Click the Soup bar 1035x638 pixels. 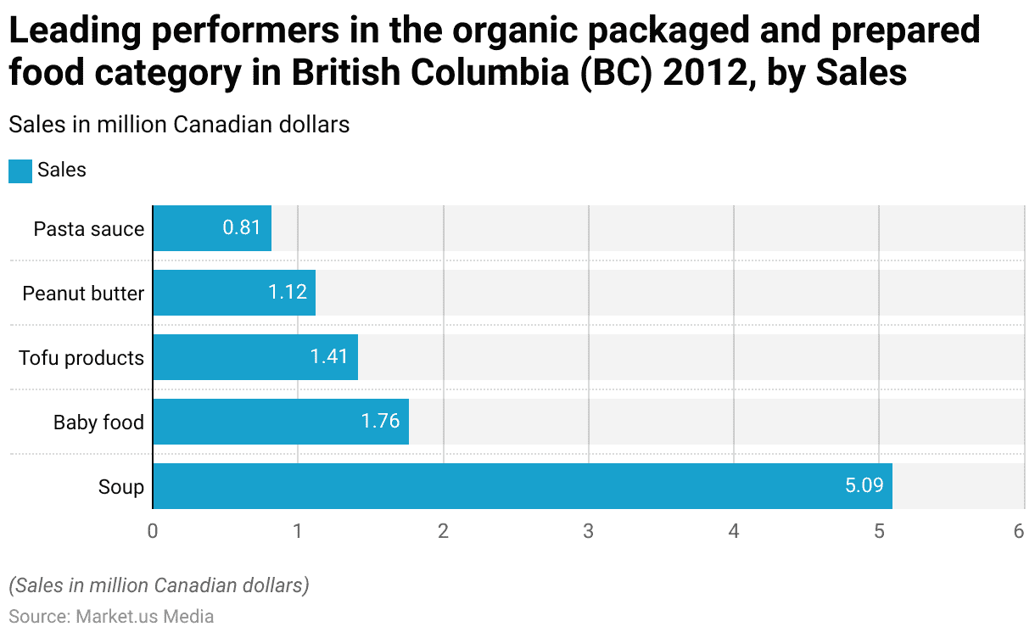tap(522, 486)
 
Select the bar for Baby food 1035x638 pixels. tap(281, 422)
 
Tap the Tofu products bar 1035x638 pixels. tap(255, 357)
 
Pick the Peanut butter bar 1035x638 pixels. tap(234, 293)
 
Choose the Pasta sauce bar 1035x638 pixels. tap(212, 228)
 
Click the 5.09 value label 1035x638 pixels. tap(864, 486)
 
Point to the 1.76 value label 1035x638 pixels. tap(380, 422)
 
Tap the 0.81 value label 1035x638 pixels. tap(242, 228)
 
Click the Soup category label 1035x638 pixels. tap(120, 487)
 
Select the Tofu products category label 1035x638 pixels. tap(81, 358)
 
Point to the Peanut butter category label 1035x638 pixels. tap(83, 294)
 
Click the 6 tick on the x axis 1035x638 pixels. tap(1019, 531)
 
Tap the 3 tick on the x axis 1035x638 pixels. tap(588, 531)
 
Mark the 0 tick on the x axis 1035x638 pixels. tap(153, 531)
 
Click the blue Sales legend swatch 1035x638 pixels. tap(20, 171)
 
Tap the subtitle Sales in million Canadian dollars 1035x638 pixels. tap(179, 124)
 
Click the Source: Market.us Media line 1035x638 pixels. tap(111, 616)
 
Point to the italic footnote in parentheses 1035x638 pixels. tap(159, 585)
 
